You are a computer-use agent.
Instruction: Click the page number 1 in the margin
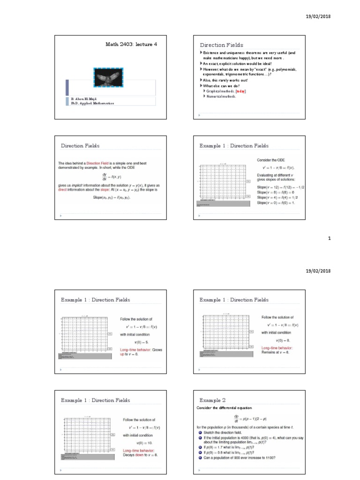(330, 238)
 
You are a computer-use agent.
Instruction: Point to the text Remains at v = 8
(276, 352)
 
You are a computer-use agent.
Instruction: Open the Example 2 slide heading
(212, 400)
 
